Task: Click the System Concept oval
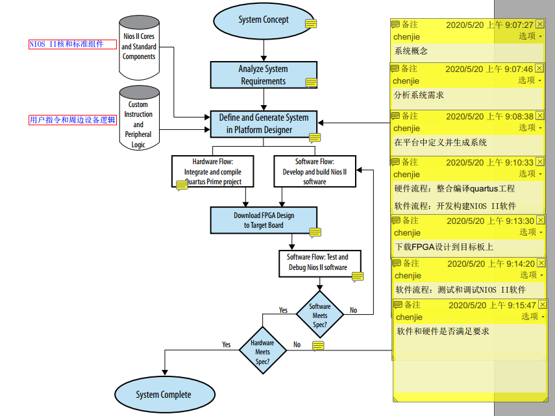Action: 264,19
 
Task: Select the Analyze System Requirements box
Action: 263,75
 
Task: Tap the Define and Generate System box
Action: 263,123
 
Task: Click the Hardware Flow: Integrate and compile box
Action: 212,172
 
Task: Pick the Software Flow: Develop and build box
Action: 315,172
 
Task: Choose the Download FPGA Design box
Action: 264,220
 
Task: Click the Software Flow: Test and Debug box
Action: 318,262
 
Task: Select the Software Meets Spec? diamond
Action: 319,315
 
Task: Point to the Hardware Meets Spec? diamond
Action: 262,352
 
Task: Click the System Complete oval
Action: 164,395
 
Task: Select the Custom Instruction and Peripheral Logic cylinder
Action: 138,119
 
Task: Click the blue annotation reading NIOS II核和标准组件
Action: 66,45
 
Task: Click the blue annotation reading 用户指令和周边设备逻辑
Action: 72,120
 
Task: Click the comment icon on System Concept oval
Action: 311,24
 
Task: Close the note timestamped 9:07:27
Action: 539,25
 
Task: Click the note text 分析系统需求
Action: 419,95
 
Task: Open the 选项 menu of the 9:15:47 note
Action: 533,317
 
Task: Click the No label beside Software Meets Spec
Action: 353,310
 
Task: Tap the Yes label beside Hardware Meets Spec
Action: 226,345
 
